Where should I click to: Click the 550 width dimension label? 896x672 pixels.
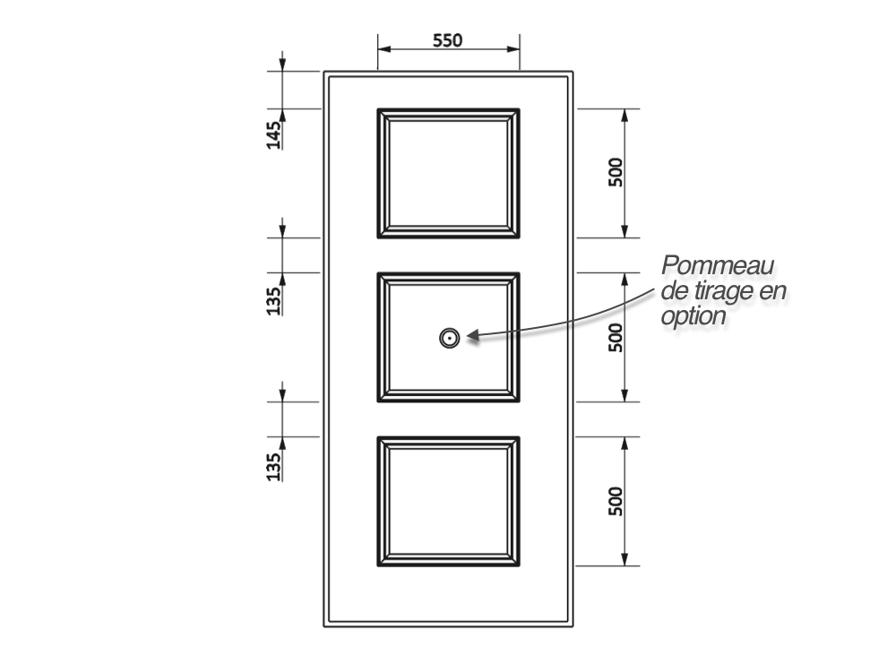pyautogui.click(x=447, y=40)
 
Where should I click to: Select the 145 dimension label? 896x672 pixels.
pyautogui.click(x=274, y=135)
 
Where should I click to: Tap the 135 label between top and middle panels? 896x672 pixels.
pyautogui.click(x=274, y=300)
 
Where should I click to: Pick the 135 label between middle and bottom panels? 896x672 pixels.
pyautogui.click(x=274, y=466)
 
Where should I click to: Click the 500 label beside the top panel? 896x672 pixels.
pyautogui.click(x=616, y=172)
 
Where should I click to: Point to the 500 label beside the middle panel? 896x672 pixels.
pyautogui.click(x=616, y=337)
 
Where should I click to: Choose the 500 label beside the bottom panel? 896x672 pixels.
pyautogui.click(x=616, y=501)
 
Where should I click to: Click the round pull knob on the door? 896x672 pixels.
pyautogui.click(x=450, y=339)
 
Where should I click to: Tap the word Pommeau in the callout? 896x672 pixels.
pyautogui.click(x=718, y=265)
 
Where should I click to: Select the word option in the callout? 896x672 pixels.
pyautogui.click(x=694, y=315)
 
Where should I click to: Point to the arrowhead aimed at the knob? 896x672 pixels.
pyautogui.click(x=473, y=335)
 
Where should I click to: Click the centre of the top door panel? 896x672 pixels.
pyautogui.click(x=449, y=173)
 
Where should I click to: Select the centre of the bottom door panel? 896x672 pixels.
pyautogui.click(x=449, y=502)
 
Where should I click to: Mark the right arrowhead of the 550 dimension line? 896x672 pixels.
pyautogui.click(x=513, y=49)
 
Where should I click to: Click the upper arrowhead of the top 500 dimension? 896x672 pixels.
pyautogui.click(x=625, y=115)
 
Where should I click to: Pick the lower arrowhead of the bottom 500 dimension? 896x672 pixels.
pyautogui.click(x=625, y=560)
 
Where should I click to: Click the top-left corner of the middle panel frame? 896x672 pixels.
pyautogui.click(x=378, y=273)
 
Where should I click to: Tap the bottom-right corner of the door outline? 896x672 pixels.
pyautogui.click(x=573, y=627)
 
